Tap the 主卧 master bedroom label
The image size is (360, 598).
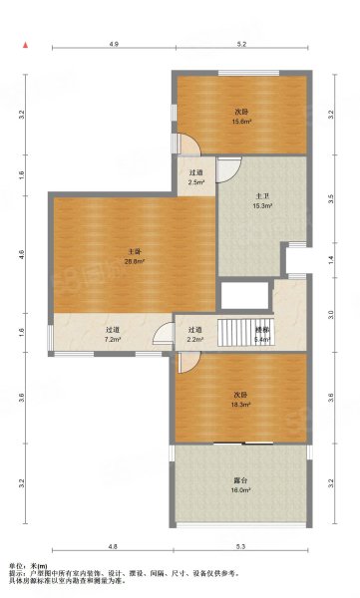[133, 252]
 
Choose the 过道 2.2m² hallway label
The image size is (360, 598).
[196, 334]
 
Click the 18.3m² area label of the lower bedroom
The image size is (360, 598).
[239, 406]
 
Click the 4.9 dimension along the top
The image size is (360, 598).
[115, 45]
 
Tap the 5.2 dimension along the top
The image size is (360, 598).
[242, 45]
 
